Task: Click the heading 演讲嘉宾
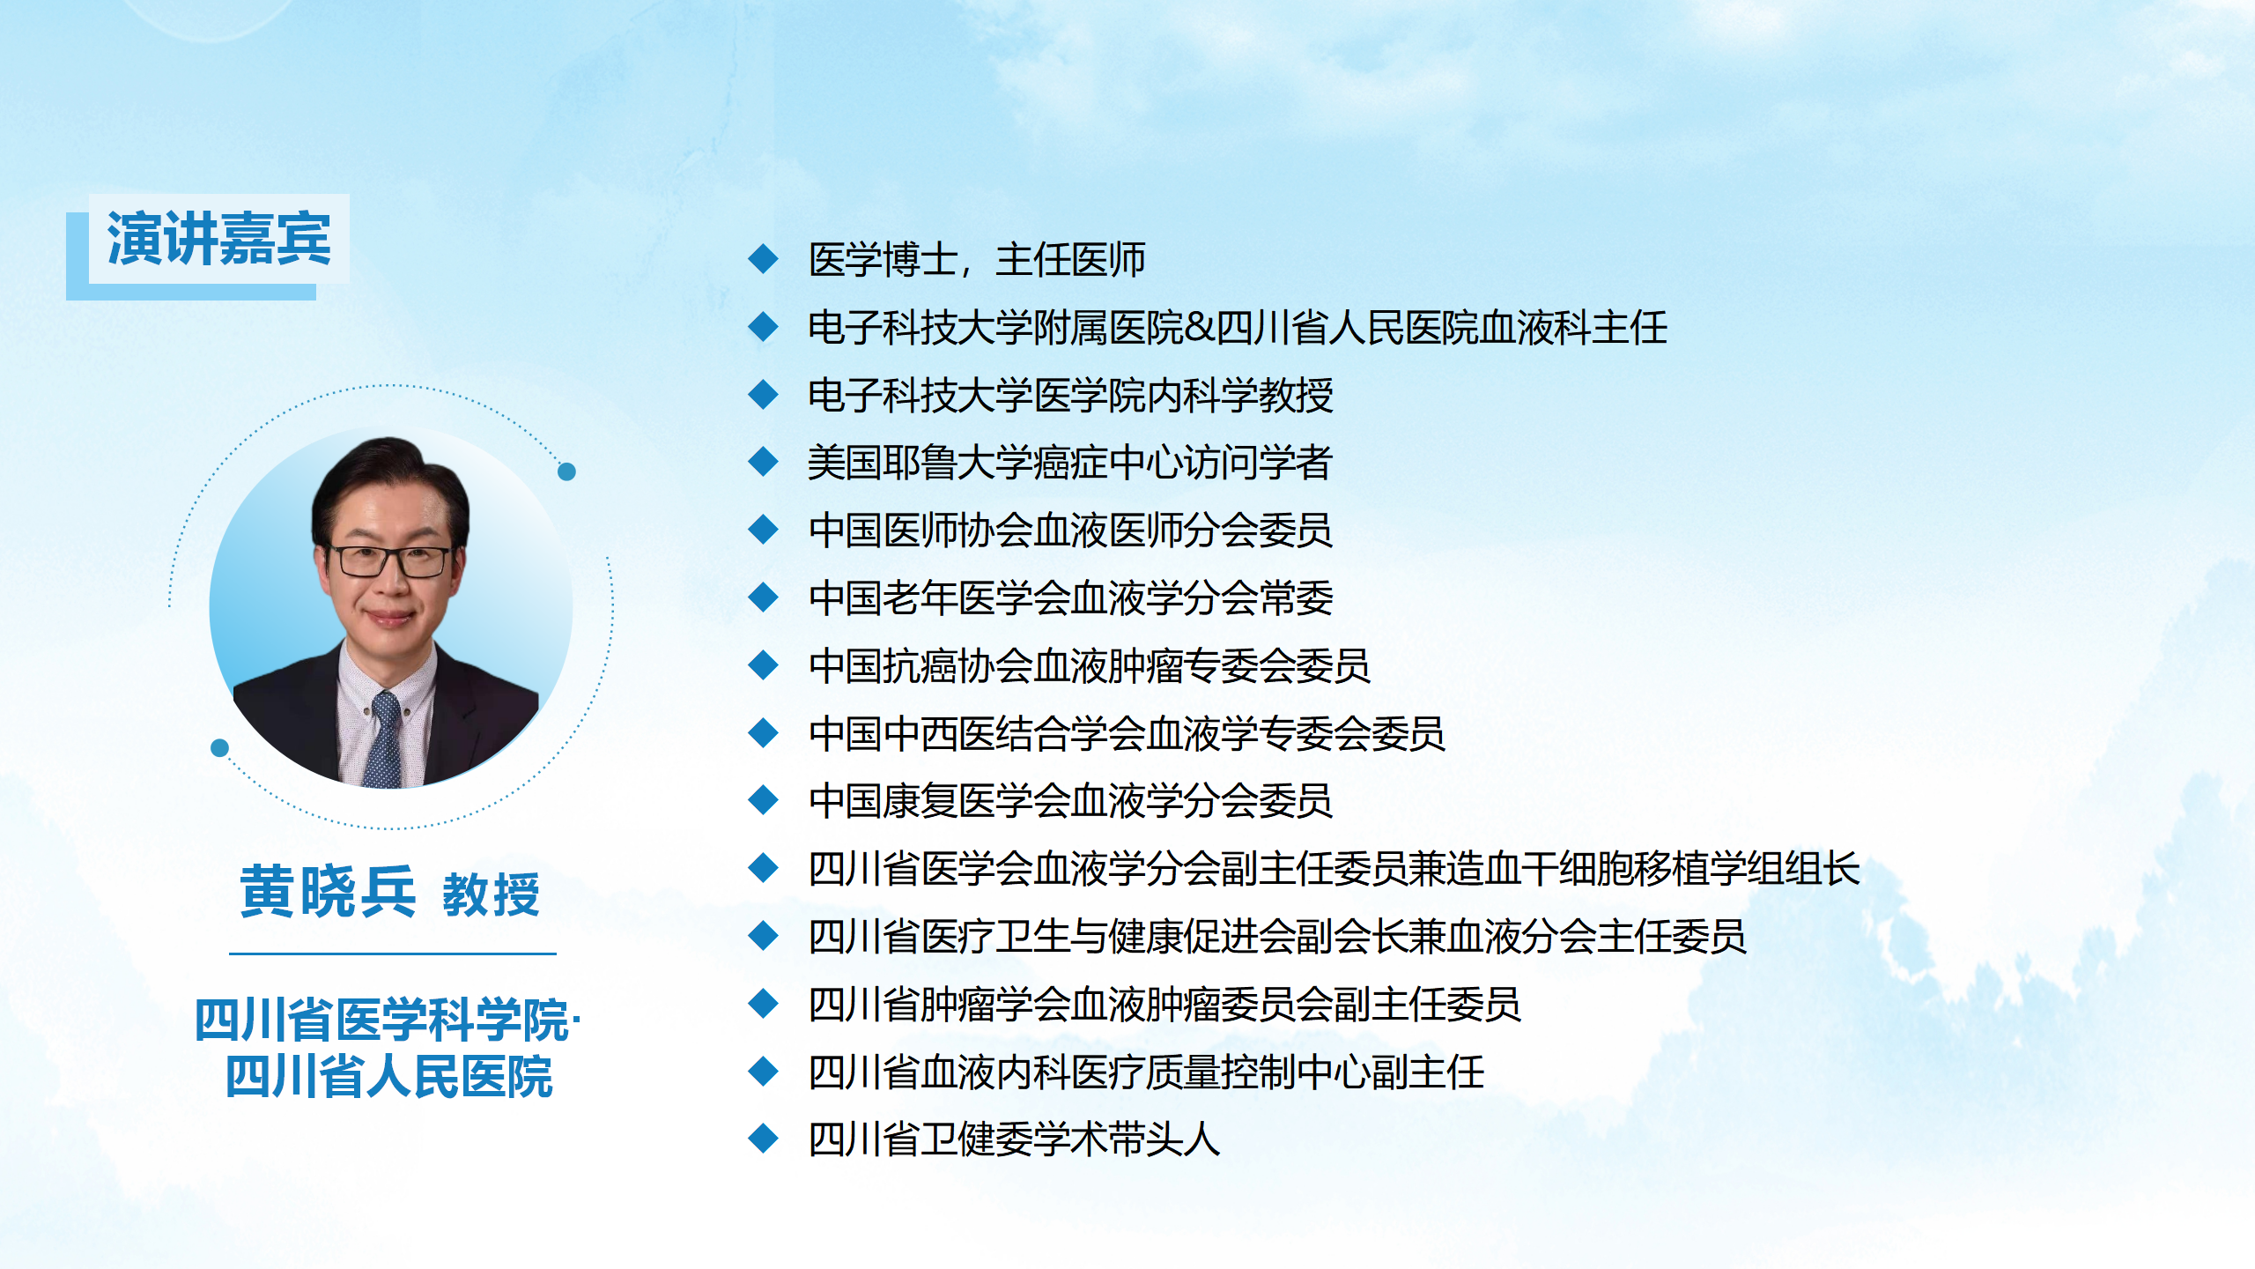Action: pyautogui.click(x=218, y=238)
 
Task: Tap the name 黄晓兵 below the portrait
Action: pyautogui.click(x=328, y=892)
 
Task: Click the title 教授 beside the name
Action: pyautogui.click(x=491, y=894)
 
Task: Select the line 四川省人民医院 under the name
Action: pyautogui.click(x=388, y=1076)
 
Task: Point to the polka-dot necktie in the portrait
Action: pyautogui.click(x=385, y=740)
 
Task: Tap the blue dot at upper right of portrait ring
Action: pyautogui.click(x=567, y=471)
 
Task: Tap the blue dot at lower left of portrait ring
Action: pyautogui.click(x=220, y=748)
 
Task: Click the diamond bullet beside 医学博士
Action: pyautogui.click(x=763, y=259)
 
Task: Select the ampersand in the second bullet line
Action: pyautogui.click(x=1200, y=328)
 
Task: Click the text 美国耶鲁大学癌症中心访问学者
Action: pyautogui.click(x=1069, y=463)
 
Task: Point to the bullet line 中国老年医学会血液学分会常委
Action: pyautogui.click(x=1070, y=598)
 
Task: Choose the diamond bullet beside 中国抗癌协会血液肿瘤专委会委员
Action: pyautogui.click(x=763, y=664)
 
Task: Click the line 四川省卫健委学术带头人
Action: pyautogui.click(x=1014, y=1139)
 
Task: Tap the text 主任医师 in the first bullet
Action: pyautogui.click(x=1070, y=260)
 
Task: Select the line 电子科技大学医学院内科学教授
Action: pyautogui.click(x=1070, y=395)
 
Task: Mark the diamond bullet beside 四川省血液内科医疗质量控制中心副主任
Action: pyautogui.click(x=763, y=1072)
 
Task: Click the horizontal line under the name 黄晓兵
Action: pyautogui.click(x=393, y=954)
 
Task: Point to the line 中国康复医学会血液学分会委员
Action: pyautogui.click(x=1070, y=801)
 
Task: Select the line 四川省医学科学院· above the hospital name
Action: pyautogui.click(x=388, y=1020)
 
